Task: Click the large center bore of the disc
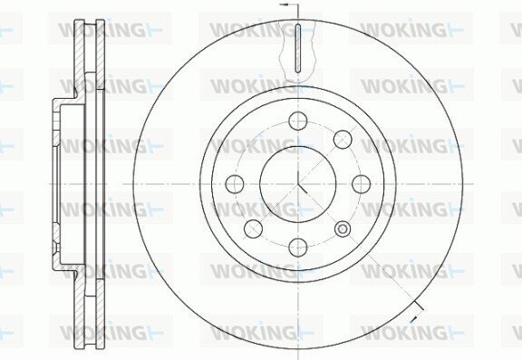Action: [x=297, y=184]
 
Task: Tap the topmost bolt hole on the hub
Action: [x=297, y=121]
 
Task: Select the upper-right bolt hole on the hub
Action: [x=343, y=140]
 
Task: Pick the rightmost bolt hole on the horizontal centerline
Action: [x=362, y=184]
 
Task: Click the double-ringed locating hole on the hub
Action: [x=343, y=229]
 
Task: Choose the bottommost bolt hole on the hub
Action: [x=297, y=248]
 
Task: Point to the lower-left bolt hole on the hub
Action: [x=253, y=229]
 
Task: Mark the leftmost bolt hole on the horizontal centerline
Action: [x=235, y=184]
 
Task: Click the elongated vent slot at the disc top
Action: [x=298, y=48]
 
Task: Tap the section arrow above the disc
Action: [x=284, y=5]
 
